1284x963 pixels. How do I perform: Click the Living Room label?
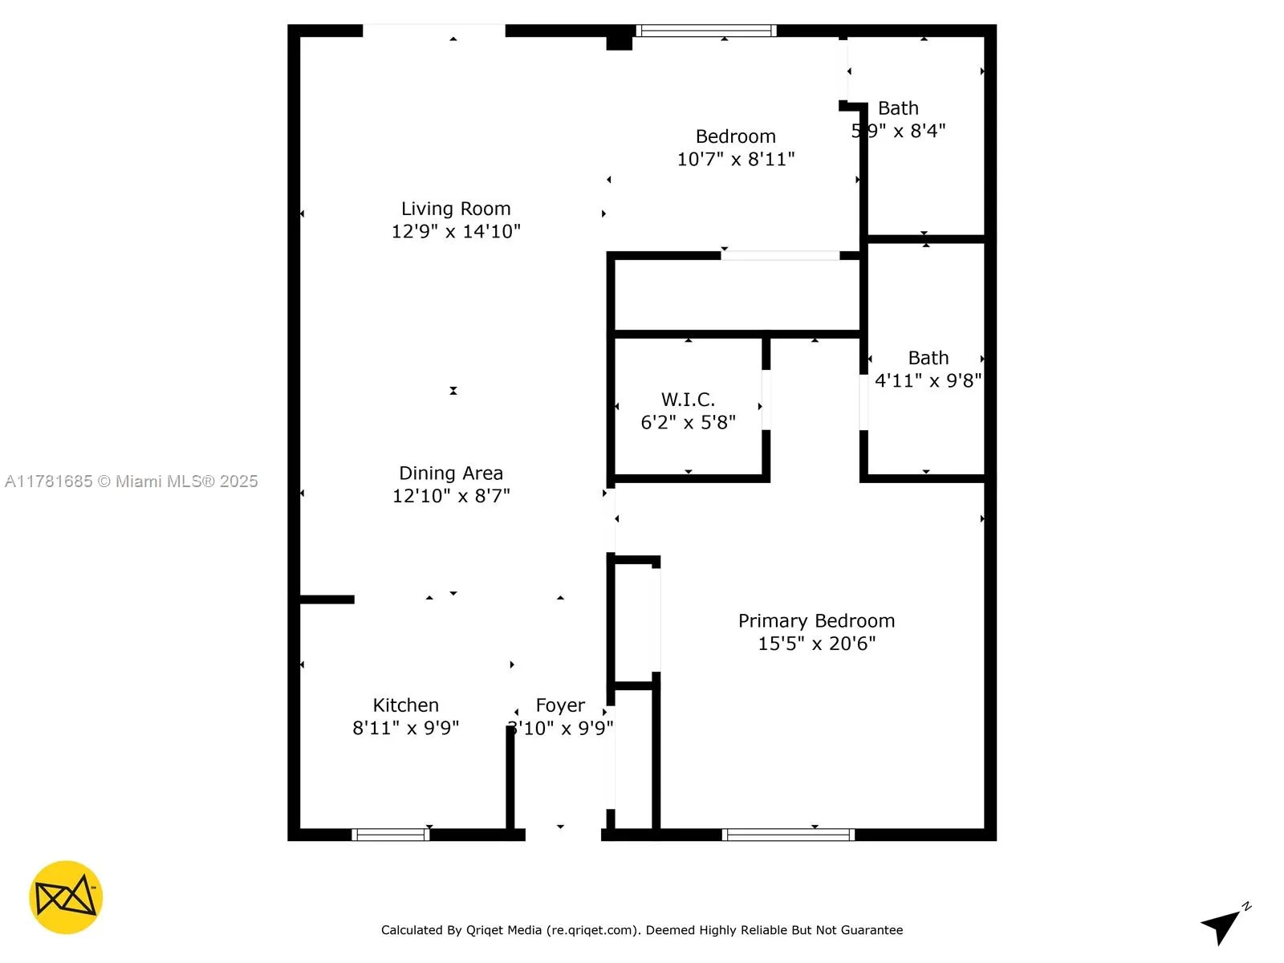456,209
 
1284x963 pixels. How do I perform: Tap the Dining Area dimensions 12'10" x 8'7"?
451,496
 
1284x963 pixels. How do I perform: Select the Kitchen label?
406,705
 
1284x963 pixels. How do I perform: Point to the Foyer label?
560,705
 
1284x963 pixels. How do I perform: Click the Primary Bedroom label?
816,621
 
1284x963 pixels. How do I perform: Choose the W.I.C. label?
688,400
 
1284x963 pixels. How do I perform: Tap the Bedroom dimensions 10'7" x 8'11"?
736,159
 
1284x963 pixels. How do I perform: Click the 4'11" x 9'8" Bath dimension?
928,380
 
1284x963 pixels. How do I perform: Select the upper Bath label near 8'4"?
898,108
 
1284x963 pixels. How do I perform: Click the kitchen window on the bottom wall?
391,835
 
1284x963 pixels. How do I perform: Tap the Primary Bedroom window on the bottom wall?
788,835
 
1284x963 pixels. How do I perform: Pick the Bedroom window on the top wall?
706,30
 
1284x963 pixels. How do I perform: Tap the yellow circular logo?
66,897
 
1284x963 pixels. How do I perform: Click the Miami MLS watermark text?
132,481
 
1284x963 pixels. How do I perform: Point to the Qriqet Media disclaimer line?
642,930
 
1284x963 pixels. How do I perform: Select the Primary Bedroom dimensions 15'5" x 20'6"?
816,644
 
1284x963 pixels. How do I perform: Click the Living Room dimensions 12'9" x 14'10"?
456,231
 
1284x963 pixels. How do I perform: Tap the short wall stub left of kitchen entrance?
327,599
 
